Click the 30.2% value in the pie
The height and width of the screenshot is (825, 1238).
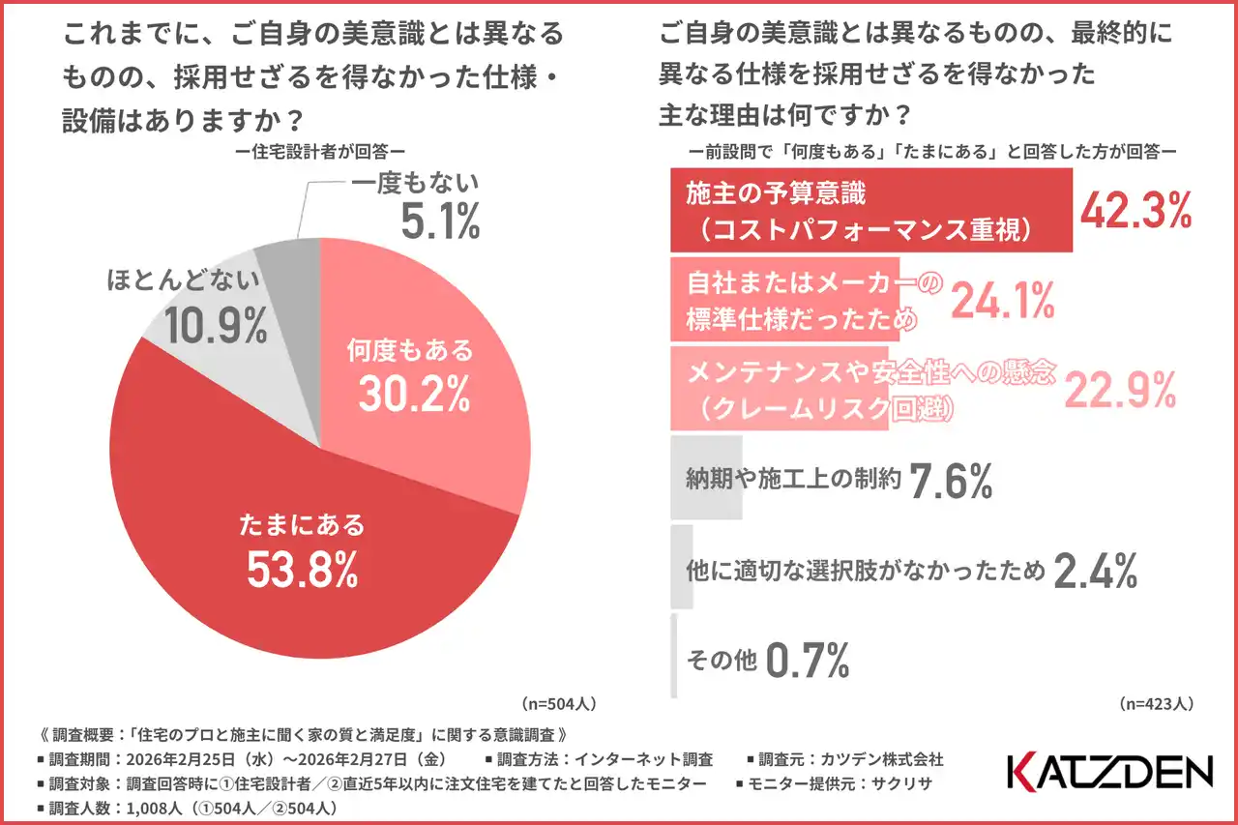tap(414, 392)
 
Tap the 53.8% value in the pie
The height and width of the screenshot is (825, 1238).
tap(302, 571)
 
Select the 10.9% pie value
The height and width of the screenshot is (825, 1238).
tap(215, 327)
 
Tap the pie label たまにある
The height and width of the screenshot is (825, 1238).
tap(302, 525)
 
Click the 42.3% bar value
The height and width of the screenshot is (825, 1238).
tap(1135, 211)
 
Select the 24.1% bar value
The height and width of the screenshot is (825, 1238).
tap(1003, 302)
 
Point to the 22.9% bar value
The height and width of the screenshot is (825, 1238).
tap(1120, 390)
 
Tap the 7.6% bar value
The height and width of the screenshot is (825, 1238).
tap(952, 481)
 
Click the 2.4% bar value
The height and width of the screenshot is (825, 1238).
tap(1094, 572)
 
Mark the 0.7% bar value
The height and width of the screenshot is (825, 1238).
tap(808, 662)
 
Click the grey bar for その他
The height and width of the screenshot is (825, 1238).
tap(674, 662)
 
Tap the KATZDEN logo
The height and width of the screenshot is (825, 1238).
tap(1109, 772)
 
